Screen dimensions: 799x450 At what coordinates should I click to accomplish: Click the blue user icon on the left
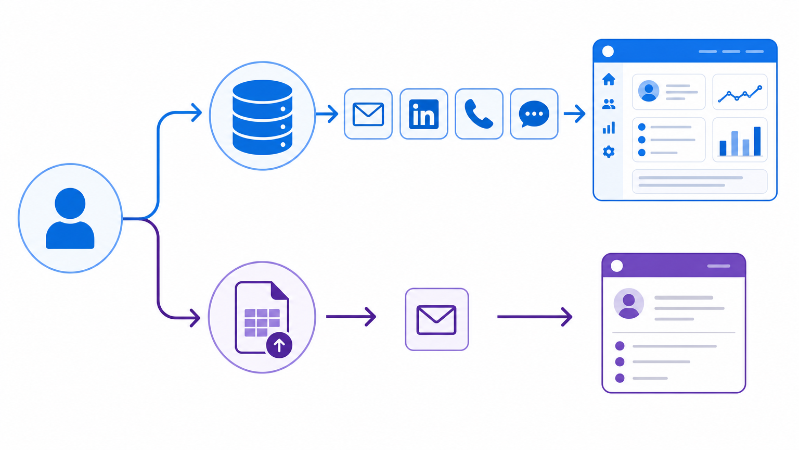(x=70, y=218)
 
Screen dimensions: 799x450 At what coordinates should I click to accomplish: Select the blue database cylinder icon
(x=262, y=117)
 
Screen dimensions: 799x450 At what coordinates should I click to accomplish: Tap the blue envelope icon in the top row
(x=368, y=114)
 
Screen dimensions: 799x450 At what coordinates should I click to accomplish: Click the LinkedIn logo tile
(x=424, y=114)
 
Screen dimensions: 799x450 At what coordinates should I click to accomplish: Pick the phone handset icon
(x=479, y=114)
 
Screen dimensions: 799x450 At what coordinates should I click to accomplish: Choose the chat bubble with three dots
(x=534, y=114)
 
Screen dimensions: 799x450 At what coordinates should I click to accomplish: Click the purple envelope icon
(x=436, y=320)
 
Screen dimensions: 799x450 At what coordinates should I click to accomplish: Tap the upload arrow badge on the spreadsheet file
(x=279, y=345)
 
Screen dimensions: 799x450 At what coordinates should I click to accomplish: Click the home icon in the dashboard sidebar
(x=609, y=79)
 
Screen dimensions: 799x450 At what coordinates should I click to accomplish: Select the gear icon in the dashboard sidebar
(x=609, y=152)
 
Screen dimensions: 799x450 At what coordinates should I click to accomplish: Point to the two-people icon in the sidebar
(x=609, y=104)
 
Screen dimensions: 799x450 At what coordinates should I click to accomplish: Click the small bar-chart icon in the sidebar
(x=609, y=128)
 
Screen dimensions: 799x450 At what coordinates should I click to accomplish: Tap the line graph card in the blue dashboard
(x=740, y=92)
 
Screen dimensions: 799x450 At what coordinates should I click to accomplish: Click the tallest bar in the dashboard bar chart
(x=757, y=141)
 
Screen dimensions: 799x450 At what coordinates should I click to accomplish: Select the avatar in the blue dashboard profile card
(x=649, y=91)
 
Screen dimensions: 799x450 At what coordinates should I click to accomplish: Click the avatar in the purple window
(x=628, y=304)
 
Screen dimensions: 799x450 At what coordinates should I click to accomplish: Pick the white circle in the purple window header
(x=617, y=266)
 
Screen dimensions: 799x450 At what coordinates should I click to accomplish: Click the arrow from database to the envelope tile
(x=327, y=114)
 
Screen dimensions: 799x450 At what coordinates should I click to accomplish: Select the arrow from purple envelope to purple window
(x=535, y=317)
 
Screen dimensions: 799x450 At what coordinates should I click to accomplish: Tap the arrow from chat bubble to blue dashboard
(x=574, y=114)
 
